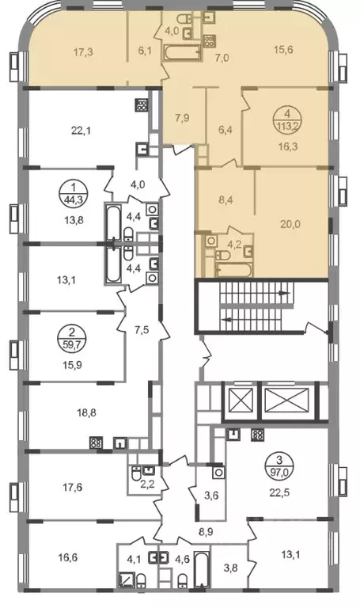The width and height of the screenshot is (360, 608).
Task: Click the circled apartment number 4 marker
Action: click(x=287, y=121)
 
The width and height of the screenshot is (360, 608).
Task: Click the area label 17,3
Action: click(x=83, y=52)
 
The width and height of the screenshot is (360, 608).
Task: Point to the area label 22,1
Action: click(x=81, y=131)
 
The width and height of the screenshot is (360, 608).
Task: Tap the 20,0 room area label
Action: click(x=290, y=224)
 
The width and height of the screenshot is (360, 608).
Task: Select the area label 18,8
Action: click(x=86, y=413)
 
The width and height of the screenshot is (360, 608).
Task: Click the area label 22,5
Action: click(x=280, y=493)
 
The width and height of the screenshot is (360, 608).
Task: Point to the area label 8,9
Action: click(x=205, y=532)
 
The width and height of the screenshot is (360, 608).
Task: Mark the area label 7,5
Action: click(x=142, y=331)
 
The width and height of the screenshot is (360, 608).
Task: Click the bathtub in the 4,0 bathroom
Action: click(x=183, y=53)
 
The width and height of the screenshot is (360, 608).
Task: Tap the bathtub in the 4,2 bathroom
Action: click(x=233, y=270)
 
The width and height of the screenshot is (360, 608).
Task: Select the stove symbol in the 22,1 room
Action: click(x=142, y=105)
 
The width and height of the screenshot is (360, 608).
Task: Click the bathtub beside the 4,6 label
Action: click(x=202, y=568)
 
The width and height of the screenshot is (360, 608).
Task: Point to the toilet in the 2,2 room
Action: click(x=136, y=474)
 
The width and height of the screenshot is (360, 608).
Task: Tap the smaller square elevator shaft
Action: click(x=241, y=401)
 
